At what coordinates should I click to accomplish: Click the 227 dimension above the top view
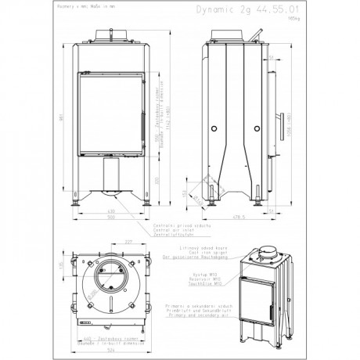click(x=128, y=241)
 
